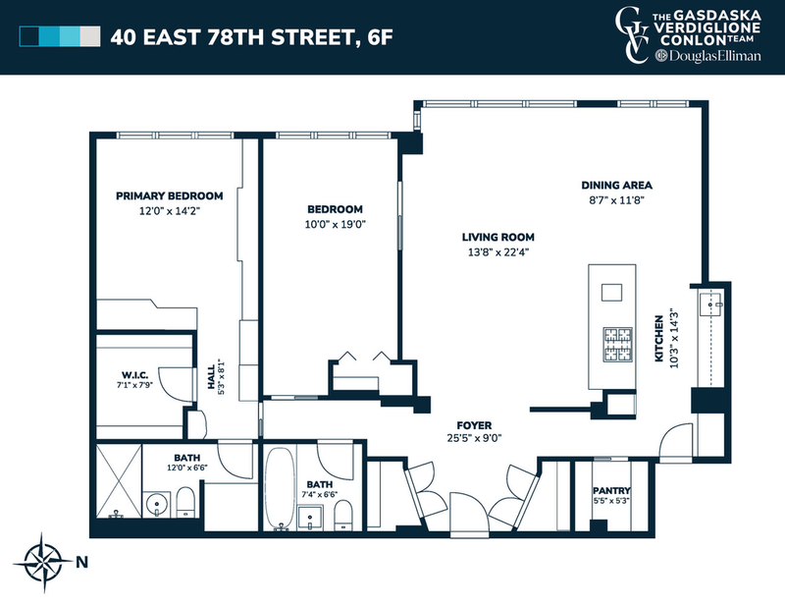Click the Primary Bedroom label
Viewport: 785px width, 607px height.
(169, 196)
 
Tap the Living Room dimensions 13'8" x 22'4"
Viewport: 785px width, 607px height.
(498, 252)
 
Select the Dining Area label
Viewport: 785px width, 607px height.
(616, 185)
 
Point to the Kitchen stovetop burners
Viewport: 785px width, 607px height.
(618, 344)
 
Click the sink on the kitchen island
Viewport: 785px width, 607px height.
(611, 292)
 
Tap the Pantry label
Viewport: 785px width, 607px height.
(611, 491)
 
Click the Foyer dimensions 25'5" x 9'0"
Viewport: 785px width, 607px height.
(474, 438)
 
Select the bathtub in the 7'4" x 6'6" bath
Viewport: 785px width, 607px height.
(280, 489)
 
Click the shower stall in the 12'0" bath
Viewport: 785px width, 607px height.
(119, 480)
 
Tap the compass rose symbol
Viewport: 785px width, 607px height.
(43, 563)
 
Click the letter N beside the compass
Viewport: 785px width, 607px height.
(82, 563)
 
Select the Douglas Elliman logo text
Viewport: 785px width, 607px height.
(708, 56)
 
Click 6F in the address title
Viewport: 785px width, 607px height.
(380, 37)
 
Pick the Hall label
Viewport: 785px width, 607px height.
(211, 377)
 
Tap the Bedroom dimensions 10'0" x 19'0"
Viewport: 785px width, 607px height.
(336, 224)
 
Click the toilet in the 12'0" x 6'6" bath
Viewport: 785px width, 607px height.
(185, 502)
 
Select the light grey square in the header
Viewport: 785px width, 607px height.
(90, 36)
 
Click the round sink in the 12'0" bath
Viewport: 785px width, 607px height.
(157, 503)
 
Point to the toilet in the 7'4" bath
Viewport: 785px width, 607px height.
(342, 516)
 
